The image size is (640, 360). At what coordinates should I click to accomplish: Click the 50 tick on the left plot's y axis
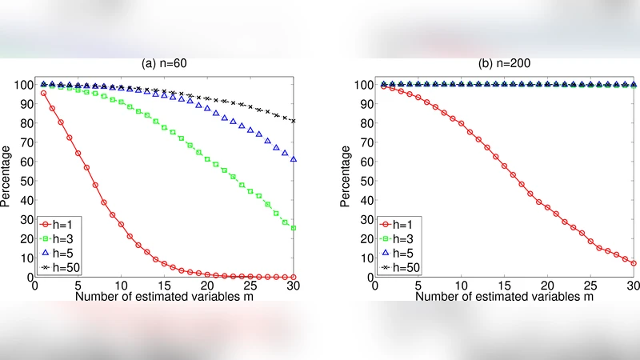pyautogui.click(x=24, y=181)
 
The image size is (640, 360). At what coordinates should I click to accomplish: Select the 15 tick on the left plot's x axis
pyautogui.click(x=164, y=286)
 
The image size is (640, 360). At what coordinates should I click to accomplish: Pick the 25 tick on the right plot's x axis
pyautogui.click(x=590, y=286)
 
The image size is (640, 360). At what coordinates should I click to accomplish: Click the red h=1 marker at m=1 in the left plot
pyautogui.click(x=43, y=93)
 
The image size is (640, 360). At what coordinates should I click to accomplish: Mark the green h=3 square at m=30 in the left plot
pyautogui.click(x=294, y=228)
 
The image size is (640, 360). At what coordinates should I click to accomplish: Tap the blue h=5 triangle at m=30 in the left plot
pyautogui.click(x=294, y=159)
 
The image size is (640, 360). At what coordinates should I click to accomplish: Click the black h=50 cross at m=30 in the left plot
pyautogui.click(x=294, y=121)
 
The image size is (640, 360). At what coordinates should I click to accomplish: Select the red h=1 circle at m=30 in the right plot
pyautogui.click(x=634, y=263)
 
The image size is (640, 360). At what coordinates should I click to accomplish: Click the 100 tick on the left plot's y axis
pyautogui.click(x=22, y=84)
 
